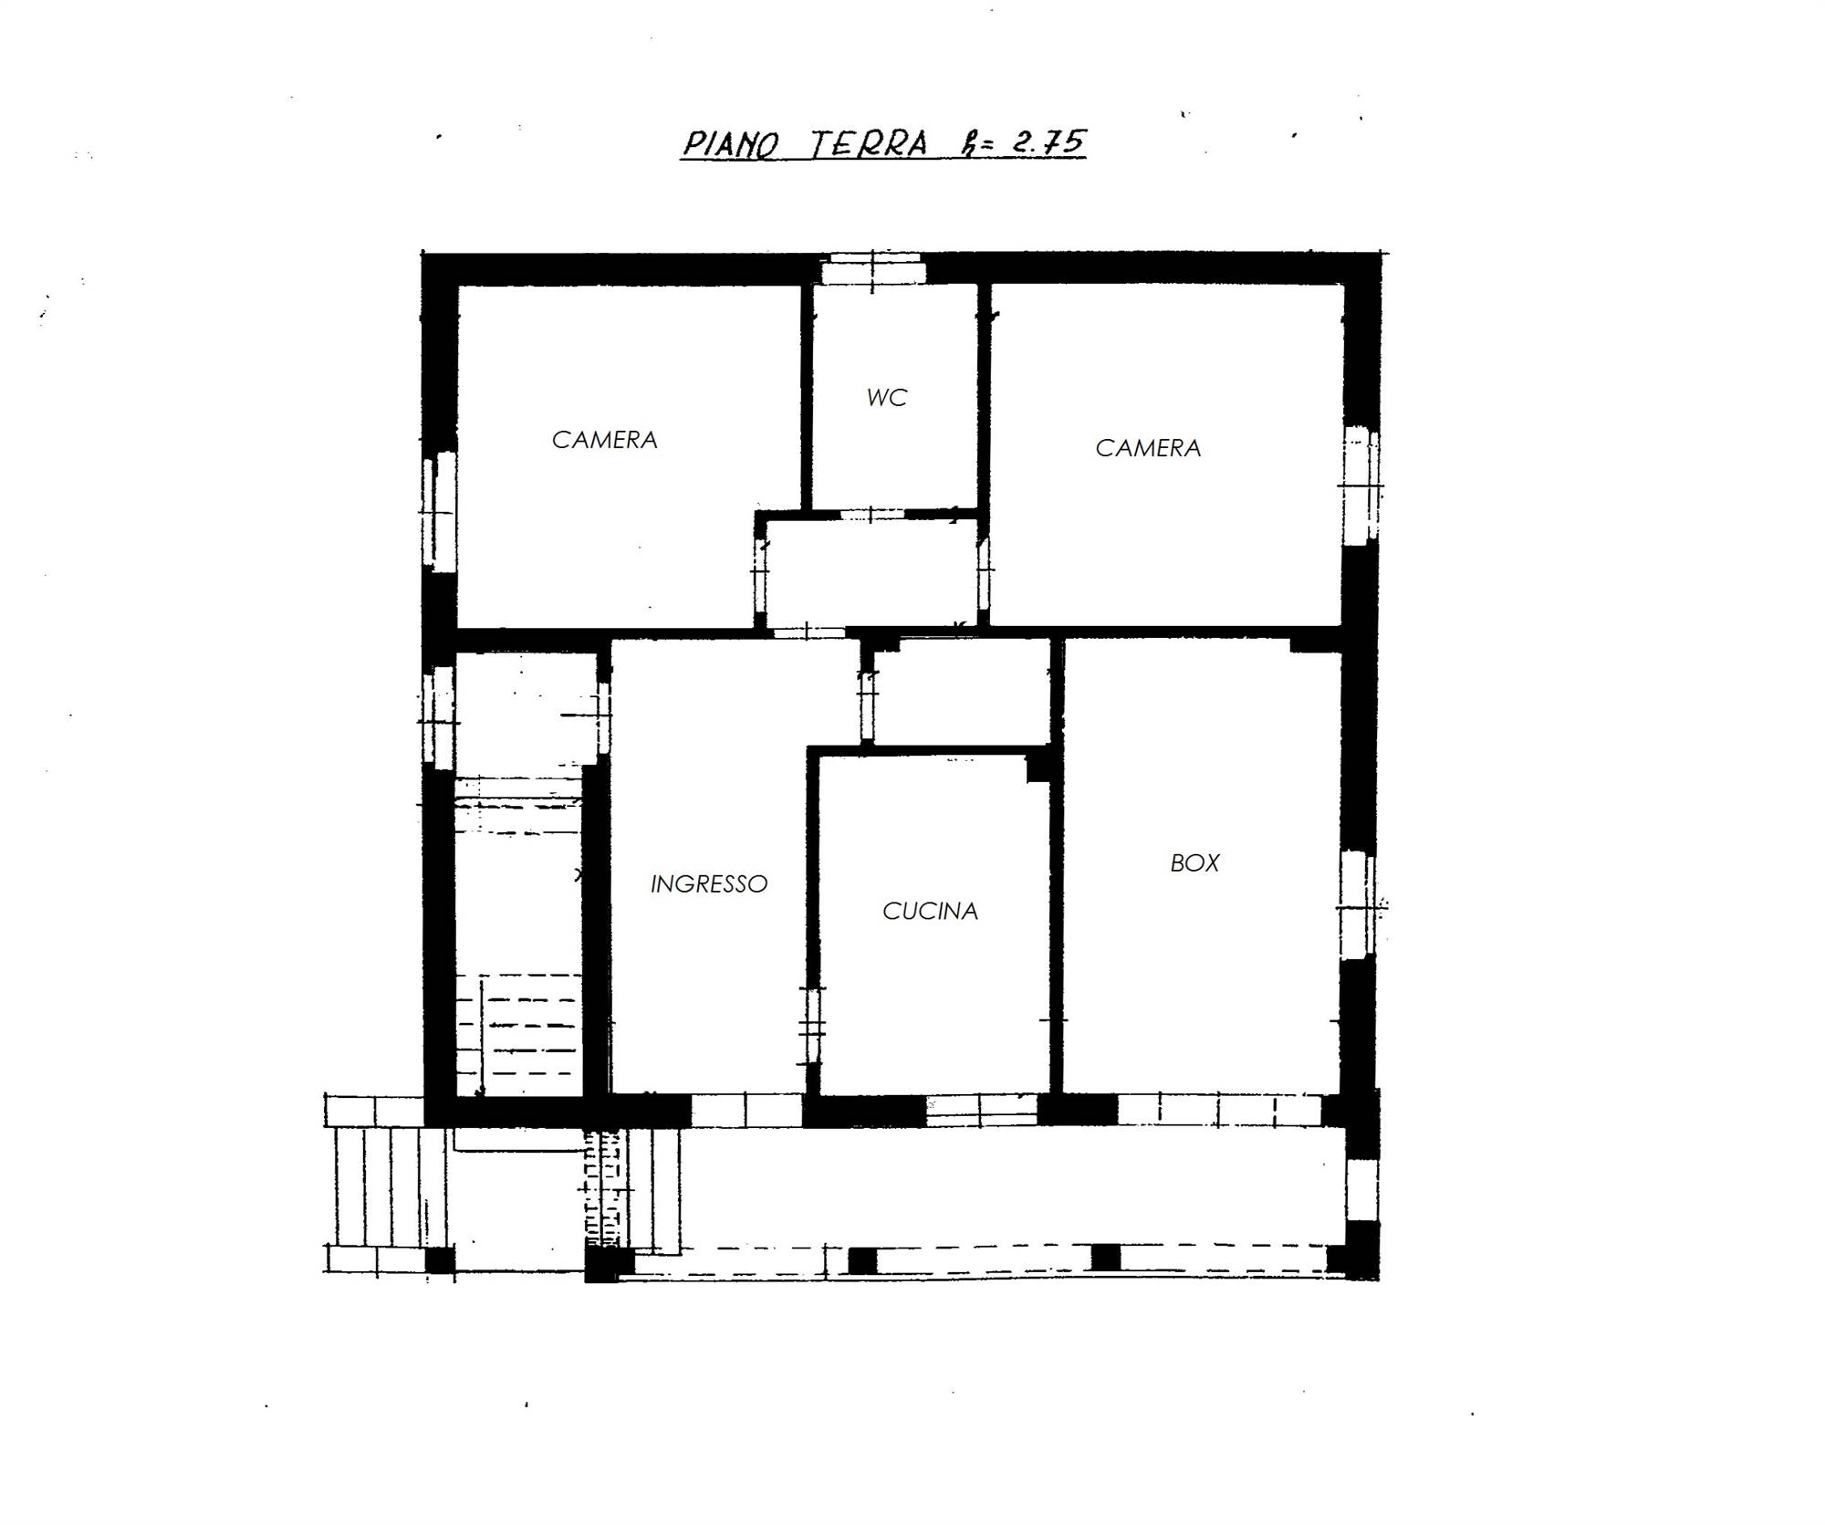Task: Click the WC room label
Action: click(887, 398)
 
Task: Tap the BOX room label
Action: click(1194, 863)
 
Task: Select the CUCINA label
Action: click(930, 911)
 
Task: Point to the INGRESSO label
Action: click(709, 883)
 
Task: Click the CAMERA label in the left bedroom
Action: click(604, 440)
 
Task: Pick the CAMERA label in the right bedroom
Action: click(1148, 448)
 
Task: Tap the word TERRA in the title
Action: click(870, 144)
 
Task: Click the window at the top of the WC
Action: click(873, 272)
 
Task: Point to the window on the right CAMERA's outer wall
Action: click(1361, 485)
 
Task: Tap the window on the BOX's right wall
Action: click(1359, 904)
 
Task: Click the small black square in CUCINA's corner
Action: click(1038, 768)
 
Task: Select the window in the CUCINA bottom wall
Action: click(982, 1109)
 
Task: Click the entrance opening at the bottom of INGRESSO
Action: click(746, 1111)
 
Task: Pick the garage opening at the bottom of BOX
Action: click(1219, 1109)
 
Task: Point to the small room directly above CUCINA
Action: click(961, 691)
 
